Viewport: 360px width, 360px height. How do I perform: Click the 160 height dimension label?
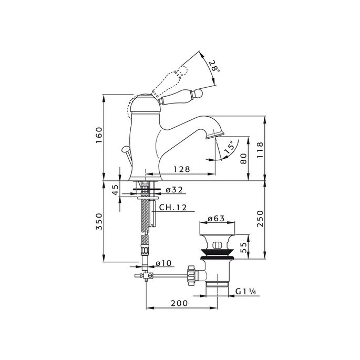click(x=99, y=135)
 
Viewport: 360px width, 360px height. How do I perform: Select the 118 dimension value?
click(x=260, y=150)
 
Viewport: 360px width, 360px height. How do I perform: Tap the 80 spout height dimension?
click(x=244, y=158)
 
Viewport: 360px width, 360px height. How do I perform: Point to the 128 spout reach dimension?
click(x=182, y=169)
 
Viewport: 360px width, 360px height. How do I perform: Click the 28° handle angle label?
click(x=214, y=66)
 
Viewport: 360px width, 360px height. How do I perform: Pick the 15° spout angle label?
click(x=230, y=147)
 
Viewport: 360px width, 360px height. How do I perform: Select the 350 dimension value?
click(x=99, y=221)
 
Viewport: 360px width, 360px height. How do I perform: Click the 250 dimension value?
click(x=260, y=219)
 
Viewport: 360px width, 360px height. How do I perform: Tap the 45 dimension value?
click(x=116, y=189)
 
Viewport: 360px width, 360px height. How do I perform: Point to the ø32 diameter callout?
click(x=174, y=190)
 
